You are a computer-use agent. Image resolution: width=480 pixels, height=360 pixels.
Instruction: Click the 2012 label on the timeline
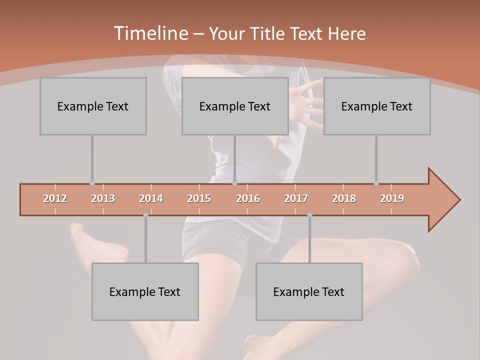click(55, 198)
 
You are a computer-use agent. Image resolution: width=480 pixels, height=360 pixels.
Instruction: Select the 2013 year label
click(103, 198)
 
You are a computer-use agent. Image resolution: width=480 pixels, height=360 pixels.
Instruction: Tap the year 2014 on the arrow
click(151, 198)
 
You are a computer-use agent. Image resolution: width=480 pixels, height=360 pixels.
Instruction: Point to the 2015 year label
click(199, 198)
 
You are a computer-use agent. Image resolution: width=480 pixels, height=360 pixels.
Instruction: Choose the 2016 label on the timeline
click(248, 198)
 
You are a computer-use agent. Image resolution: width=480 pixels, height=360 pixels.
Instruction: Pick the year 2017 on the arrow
click(296, 198)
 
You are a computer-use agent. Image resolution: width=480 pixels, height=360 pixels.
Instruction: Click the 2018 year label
click(344, 198)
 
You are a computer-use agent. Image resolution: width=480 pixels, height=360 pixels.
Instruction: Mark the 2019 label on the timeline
click(392, 198)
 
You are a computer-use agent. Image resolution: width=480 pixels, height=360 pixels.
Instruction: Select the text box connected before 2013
click(93, 106)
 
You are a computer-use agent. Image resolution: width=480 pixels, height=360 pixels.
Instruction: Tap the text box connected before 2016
click(235, 106)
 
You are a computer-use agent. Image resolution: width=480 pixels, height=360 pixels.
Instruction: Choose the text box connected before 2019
click(377, 106)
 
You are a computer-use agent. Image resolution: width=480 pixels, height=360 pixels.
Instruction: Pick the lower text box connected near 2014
click(145, 291)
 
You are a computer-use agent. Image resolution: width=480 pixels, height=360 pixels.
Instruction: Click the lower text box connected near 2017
click(309, 291)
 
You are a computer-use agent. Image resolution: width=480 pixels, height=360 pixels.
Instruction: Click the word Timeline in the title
click(150, 33)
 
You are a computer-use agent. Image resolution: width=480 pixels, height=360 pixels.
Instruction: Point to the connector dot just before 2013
click(92, 183)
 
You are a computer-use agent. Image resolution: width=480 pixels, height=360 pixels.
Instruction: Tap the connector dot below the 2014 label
click(145, 215)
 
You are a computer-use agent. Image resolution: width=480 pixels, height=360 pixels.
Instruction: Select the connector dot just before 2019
click(376, 183)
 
